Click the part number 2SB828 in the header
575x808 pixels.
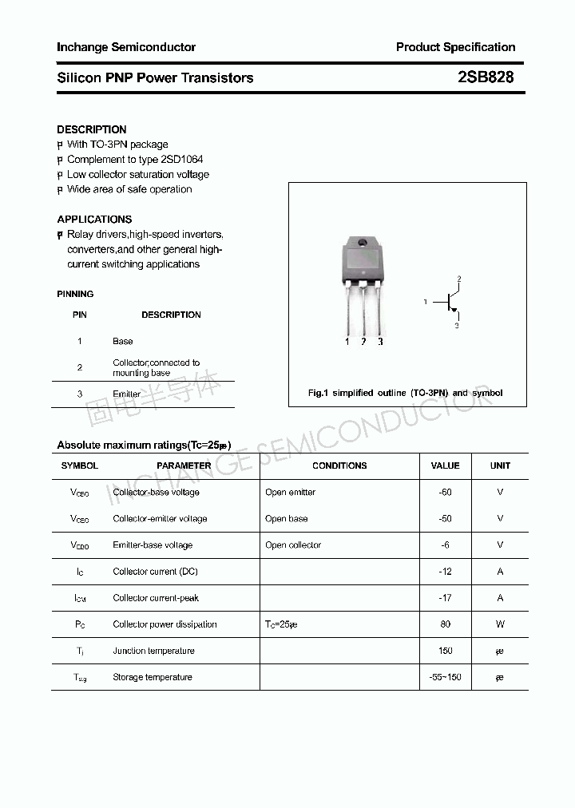coord(486,77)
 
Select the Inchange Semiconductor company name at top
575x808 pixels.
coord(126,47)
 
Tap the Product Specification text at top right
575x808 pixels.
coord(455,47)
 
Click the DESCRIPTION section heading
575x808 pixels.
coord(92,129)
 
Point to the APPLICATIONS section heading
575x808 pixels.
coord(94,219)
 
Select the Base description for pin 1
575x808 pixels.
coord(123,341)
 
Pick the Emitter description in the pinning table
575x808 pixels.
coord(126,394)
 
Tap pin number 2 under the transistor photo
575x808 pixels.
coord(363,342)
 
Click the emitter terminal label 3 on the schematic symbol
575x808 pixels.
coord(456,326)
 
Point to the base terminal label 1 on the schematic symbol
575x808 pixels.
coord(426,302)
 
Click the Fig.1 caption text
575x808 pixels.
coord(406,393)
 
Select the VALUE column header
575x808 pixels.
coord(445,465)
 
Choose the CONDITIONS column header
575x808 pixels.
coord(339,465)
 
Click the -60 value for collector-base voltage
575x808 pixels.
coord(445,492)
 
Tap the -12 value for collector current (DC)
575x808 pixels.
coord(445,571)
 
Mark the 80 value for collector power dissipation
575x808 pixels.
coord(445,624)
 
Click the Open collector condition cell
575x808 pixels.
coord(293,545)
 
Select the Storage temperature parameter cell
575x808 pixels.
coord(153,677)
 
